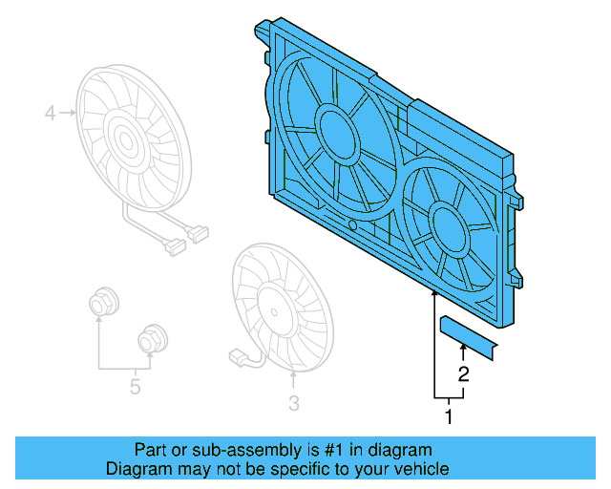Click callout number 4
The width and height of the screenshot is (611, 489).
pos(51,115)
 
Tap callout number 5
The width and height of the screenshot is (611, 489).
pos(135,386)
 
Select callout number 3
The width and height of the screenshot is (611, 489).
pos(293,404)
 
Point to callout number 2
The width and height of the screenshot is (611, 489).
pos(463,374)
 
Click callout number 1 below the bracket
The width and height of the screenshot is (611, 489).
pos(446,415)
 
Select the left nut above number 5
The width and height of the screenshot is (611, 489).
pos(100,304)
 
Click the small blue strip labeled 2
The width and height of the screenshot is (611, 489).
pos(470,338)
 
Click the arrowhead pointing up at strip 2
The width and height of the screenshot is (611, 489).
pos(464,354)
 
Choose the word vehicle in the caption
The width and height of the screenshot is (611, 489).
pos(418,468)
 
